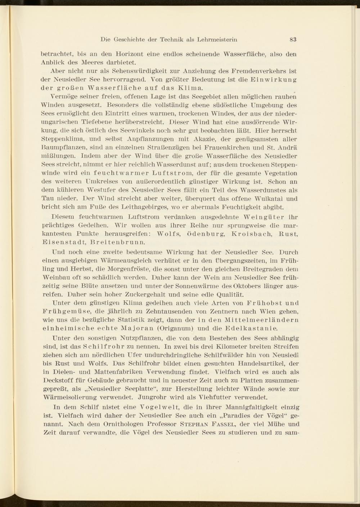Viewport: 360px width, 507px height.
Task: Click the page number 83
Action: [292, 39]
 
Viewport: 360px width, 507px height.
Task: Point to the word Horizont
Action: [130, 54]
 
